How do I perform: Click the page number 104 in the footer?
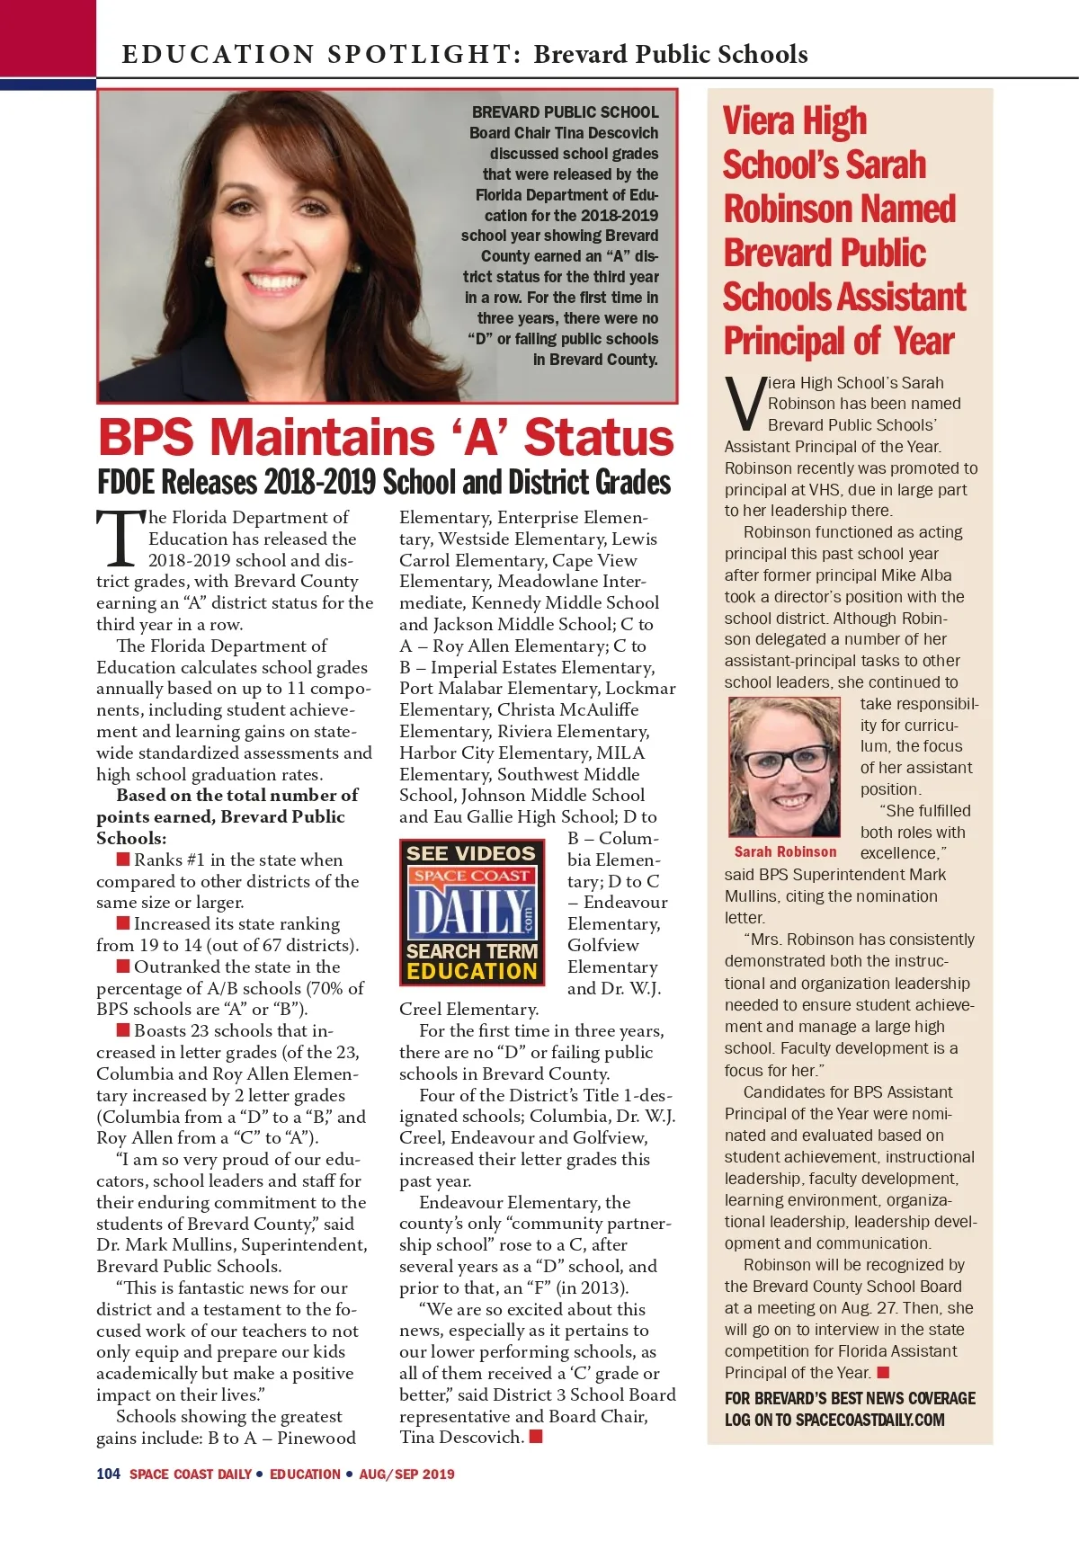point(108,1474)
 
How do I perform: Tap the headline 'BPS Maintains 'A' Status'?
point(386,438)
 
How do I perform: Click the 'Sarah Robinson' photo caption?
point(785,851)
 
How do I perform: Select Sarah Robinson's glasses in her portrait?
point(784,757)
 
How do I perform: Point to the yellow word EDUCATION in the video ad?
point(471,971)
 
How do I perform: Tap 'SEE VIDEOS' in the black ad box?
point(470,853)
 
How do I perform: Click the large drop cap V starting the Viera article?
point(745,405)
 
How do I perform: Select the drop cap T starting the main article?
point(120,539)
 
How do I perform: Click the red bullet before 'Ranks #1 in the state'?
point(123,860)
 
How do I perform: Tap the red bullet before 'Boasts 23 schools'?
point(123,1030)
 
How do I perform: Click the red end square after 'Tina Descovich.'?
point(536,1436)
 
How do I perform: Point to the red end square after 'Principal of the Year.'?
point(883,1372)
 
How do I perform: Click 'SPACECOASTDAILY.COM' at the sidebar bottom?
point(870,1420)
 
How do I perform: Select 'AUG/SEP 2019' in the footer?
point(406,1474)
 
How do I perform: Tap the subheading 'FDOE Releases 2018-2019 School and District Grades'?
point(384,483)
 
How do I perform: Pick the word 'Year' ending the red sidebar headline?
point(923,342)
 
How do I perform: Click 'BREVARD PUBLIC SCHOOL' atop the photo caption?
point(565,112)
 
